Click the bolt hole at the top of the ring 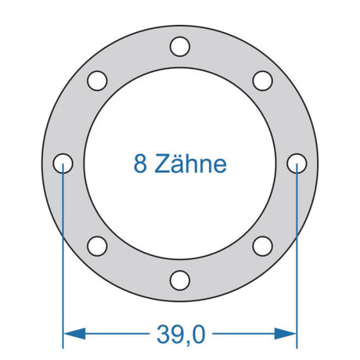(x=180, y=47)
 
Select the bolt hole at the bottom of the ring (x=180, y=280)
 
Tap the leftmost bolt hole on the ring (x=63, y=164)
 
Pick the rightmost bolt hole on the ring (x=297, y=164)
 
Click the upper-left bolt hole (x=97, y=81)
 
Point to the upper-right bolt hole (x=262, y=81)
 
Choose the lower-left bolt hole (x=97, y=246)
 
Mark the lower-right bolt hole (x=262, y=246)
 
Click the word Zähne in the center (x=191, y=163)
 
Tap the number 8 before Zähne (x=140, y=164)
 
